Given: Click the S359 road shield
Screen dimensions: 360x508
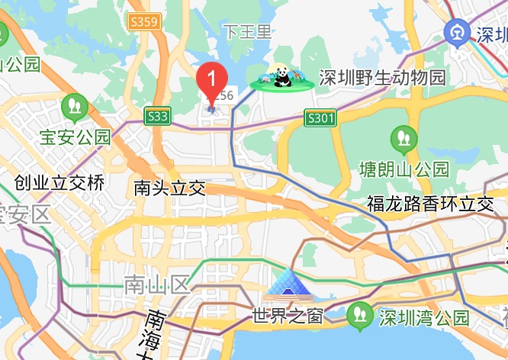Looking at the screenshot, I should (x=144, y=21).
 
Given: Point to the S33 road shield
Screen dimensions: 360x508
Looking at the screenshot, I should (x=157, y=116).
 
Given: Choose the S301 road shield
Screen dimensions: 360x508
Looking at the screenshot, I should (x=320, y=118).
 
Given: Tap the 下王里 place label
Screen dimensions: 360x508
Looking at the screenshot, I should (x=247, y=32).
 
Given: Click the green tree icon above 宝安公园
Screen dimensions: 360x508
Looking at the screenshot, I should (x=75, y=106).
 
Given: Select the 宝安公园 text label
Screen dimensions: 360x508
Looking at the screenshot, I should (x=76, y=137).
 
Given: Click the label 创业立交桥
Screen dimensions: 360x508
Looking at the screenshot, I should (x=59, y=183).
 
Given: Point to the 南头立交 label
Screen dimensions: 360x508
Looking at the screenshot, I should (x=169, y=188).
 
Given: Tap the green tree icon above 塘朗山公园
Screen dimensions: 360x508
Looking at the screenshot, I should (x=404, y=139).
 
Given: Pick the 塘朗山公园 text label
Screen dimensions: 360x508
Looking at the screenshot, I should (x=404, y=168).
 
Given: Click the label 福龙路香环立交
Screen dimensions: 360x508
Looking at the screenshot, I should (x=430, y=204).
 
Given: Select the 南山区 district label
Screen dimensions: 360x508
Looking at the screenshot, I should (x=156, y=287).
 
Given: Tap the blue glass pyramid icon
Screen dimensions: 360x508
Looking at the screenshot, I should (x=288, y=284).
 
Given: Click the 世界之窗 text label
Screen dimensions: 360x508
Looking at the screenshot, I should (x=288, y=315).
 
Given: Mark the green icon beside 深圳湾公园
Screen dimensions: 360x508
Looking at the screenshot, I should (x=358, y=314).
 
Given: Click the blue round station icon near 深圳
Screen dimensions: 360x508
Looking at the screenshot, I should (x=457, y=33).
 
